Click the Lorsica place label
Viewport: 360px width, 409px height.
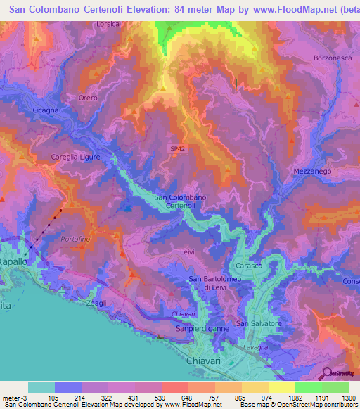[109, 23]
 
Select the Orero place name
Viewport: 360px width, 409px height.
[88, 98]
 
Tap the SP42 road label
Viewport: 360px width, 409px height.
[179, 149]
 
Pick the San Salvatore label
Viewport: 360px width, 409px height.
[258, 323]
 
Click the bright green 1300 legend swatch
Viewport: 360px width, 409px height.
[335, 387]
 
